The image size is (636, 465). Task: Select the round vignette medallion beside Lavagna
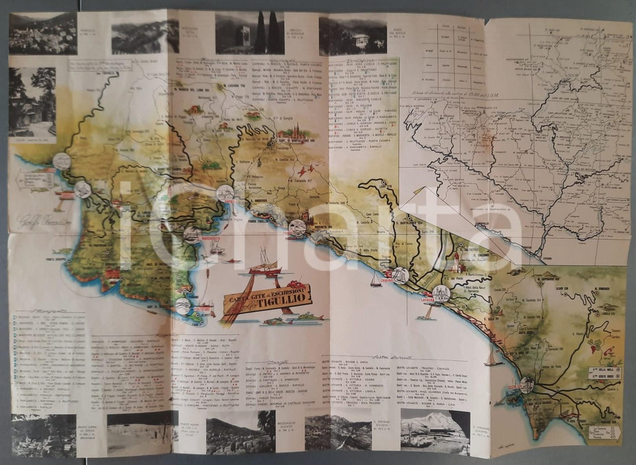coord(441,293)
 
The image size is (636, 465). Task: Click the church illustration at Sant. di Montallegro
coord(293,133)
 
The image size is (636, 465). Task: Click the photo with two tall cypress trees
coord(249,33)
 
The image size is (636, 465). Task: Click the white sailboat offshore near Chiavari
coord(377,280)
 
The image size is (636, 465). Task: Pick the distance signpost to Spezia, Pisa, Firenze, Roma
coord(604,432)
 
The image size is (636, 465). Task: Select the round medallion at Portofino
coord(183,306)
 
